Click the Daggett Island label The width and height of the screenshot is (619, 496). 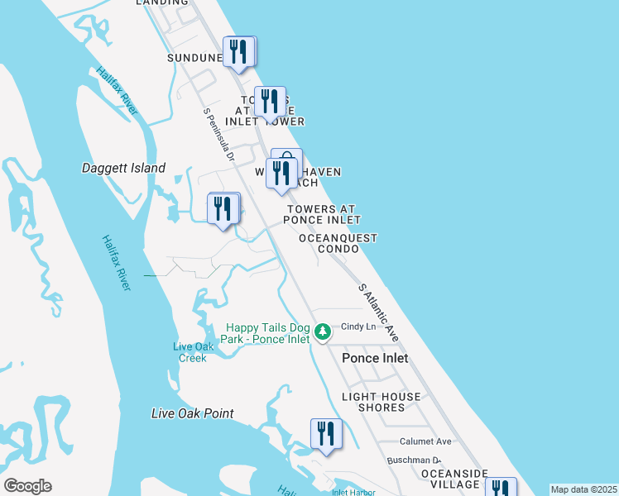[x=124, y=169]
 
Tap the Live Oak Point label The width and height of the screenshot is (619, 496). [x=193, y=413]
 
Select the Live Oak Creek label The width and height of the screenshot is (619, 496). [x=194, y=352]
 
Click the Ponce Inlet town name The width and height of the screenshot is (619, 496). [x=375, y=358]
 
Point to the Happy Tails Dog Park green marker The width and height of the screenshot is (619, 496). [x=323, y=332]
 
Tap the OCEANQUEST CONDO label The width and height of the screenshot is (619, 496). [x=338, y=243]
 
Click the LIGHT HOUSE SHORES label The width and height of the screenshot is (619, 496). [x=381, y=403]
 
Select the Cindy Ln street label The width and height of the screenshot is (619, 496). [x=358, y=327]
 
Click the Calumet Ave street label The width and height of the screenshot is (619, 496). [x=425, y=441]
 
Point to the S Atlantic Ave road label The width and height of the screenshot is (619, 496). [x=379, y=312]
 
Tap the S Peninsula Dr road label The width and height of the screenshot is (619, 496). [x=219, y=133]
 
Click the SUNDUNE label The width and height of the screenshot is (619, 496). [x=195, y=58]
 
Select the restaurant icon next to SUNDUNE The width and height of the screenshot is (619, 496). [x=238, y=51]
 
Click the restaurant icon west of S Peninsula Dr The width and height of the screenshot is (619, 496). [x=222, y=207]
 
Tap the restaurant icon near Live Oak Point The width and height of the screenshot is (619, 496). [x=326, y=434]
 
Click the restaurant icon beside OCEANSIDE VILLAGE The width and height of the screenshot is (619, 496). [x=500, y=488]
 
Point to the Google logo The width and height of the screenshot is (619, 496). [x=27, y=486]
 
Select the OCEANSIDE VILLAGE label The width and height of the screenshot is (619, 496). [x=449, y=478]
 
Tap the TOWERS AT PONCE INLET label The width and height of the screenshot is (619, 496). [x=322, y=215]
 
